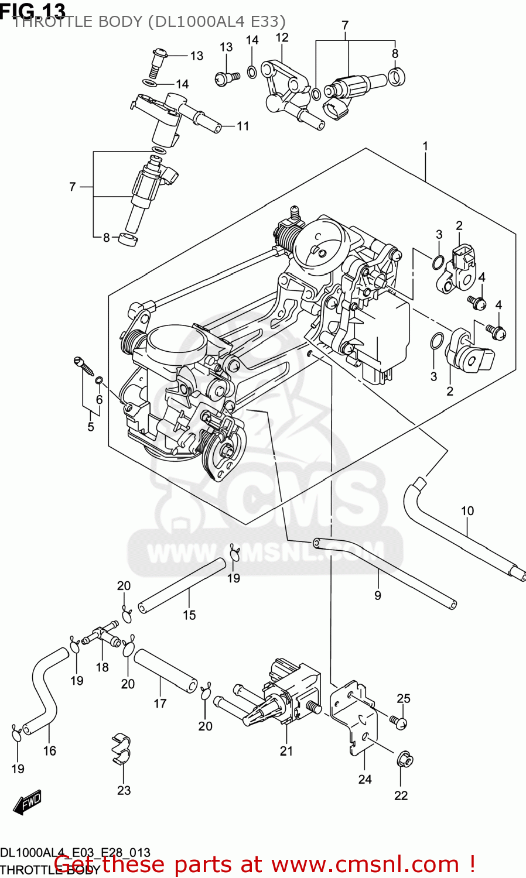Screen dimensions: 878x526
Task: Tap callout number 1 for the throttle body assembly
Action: (x=425, y=146)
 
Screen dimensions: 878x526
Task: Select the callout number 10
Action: (x=467, y=511)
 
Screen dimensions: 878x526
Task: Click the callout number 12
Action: (x=282, y=38)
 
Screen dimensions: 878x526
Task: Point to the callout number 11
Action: (x=242, y=126)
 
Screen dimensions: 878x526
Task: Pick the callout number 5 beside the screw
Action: (x=91, y=427)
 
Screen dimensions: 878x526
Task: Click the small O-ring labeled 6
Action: (x=100, y=382)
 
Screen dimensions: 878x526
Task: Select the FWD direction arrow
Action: (x=27, y=802)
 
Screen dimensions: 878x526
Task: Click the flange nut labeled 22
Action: (x=404, y=760)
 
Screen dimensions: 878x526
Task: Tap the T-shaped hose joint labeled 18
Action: (x=100, y=636)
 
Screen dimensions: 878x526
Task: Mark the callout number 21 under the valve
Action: (x=286, y=751)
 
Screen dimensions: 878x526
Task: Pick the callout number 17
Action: (x=160, y=704)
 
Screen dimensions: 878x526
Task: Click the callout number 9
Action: (x=378, y=595)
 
